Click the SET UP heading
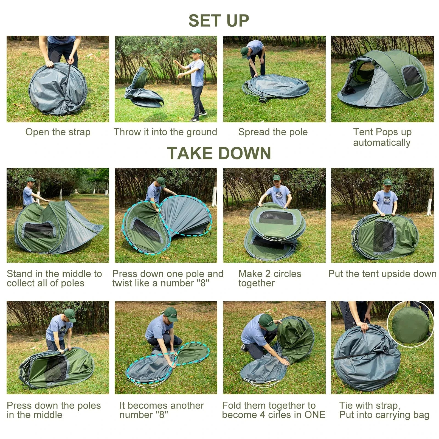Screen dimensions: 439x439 coord(219,21)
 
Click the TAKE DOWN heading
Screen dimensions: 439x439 coord(219,153)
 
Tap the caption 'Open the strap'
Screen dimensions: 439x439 coord(58,132)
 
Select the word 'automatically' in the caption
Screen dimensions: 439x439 coord(382,143)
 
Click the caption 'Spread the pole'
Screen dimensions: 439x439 coord(273,132)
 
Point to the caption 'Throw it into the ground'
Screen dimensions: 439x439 coord(165,132)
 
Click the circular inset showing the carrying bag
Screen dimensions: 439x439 coord(410,325)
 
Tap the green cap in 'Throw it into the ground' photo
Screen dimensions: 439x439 coord(196,51)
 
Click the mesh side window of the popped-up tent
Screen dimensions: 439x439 coord(412,76)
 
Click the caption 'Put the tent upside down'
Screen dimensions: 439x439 coord(382,274)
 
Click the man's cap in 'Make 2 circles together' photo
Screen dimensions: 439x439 coord(277,178)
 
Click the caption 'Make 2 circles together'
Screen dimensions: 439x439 coord(269,278)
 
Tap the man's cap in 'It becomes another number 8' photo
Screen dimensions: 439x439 coord(171,314)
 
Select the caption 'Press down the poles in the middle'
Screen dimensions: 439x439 coord(54,410)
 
